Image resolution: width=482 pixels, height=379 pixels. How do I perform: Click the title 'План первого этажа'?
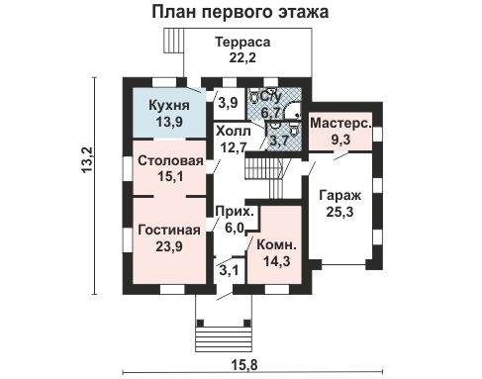click(x=241, y=13)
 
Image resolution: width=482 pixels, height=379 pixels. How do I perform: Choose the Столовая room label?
click(x=170, y=160)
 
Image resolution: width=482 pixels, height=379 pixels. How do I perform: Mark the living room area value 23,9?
click(x=169, y=246)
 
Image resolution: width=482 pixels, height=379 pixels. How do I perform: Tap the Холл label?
click(x=233, y=131)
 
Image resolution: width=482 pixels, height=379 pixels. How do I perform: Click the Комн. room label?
click(x=273, y=244)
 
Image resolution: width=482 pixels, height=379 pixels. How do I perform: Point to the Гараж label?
click(x=338, y=195)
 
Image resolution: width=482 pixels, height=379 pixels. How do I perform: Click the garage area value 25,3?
click(x=338, y=212)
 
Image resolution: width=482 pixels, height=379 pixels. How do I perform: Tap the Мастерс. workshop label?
click(x=339, y=123)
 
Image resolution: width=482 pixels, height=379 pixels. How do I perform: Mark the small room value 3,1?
click(x=228, y=269)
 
